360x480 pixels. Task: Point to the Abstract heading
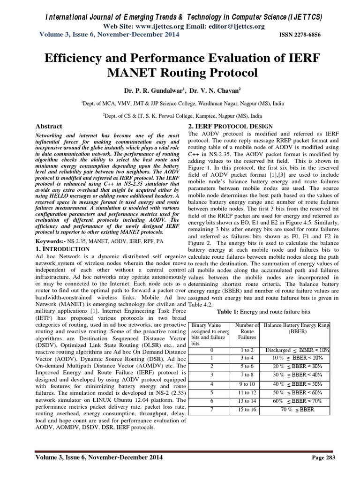click(49, 126)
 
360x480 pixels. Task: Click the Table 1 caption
click(258, 312)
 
